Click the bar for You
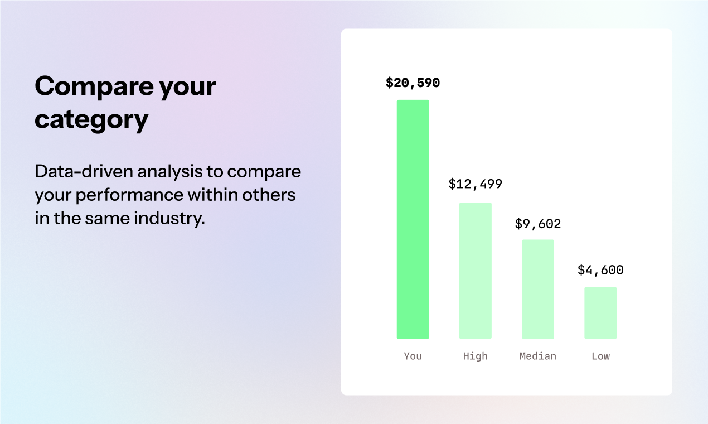[x=413, y=219]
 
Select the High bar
[x=475, y=271]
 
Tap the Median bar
[x=537, y=289]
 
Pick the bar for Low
[x=600, y=313]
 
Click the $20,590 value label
[x=413, y=83]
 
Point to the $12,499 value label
[x=475, y=184]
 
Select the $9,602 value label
[x=537, y=224]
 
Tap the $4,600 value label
[x=600, y=271]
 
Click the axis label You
[x=413, y=356]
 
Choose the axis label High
[x=475, y=356]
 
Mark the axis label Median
[x=537, y=356]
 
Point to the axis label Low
[x=600, y=356]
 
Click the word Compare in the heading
[x=93, y=87]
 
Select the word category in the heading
[x=91, y=119]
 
